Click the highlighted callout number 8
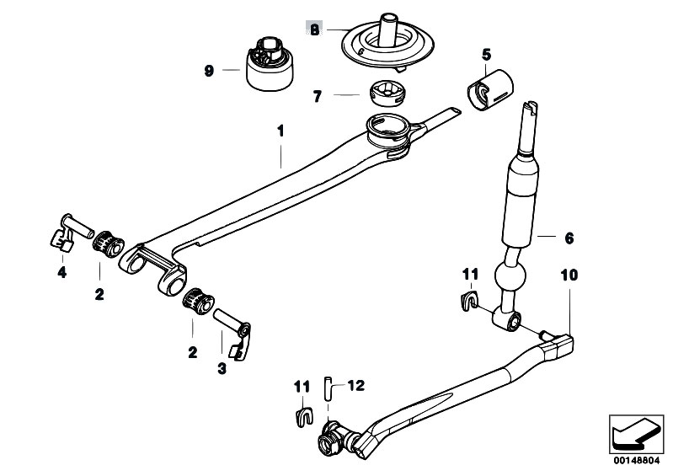click(x=315, y=29)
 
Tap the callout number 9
click(x=209, y=71)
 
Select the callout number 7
click(x=318, y=96)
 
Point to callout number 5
click(x=486, y=55)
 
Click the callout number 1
click(x=280, y=131)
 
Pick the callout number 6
click(x=569, y=238)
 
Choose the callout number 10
click(x=569, y=275)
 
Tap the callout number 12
click(x=355, y=386)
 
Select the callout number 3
click(x=222, y=368)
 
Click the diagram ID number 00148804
click(x=637, y=461)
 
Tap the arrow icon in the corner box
click(x=636, y=435)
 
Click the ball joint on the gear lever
click(x=510, y=276)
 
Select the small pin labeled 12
click(x=328, y=388)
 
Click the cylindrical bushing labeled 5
click(x=489, y=89)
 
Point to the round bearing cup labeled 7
click(x=387, y=93)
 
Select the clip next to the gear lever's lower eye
click(x=468, y=300)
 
